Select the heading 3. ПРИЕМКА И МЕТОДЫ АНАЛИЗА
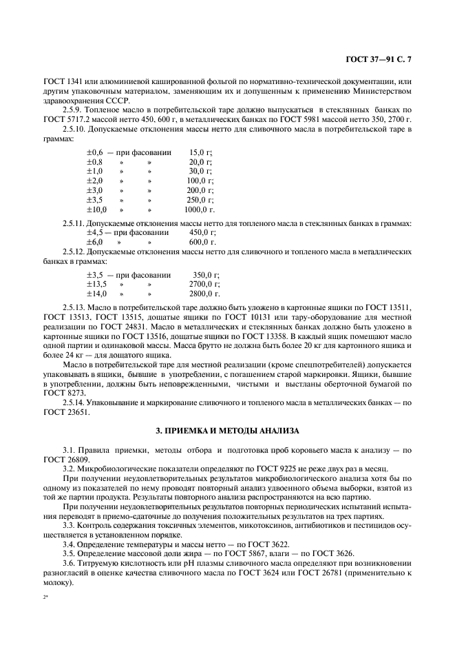[227, 431]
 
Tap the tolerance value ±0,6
[95, 152]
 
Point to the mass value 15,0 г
[200, 152]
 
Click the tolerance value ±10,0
[96, 209]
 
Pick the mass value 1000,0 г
[200, 209]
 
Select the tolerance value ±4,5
[94, 233]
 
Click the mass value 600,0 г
[202, 243]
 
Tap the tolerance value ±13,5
[96, 283]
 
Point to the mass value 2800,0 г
[202, 293]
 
